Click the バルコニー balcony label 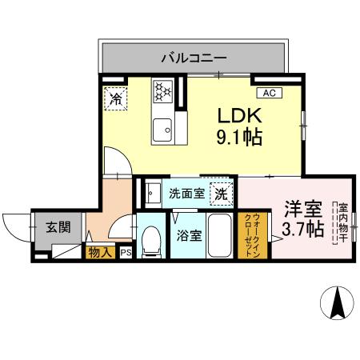coord(193,58)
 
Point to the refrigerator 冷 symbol coord(116,99)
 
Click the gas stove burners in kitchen coord(164,91)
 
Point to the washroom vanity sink coord(150,192)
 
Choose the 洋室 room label coord(303,209)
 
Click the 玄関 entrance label coord(57,226)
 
